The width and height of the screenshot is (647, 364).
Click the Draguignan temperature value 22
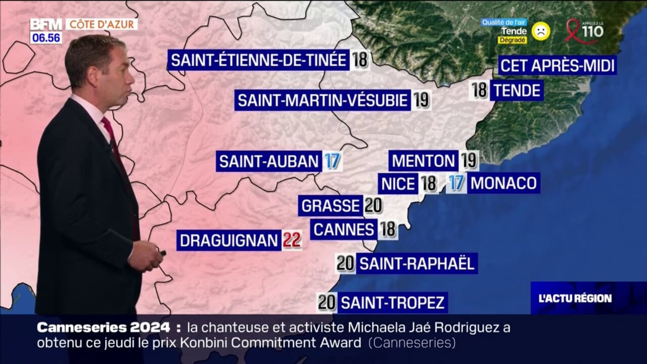pos(291,241)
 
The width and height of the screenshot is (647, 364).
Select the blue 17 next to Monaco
pos(456,183)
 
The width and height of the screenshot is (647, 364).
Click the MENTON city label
pos(424,161)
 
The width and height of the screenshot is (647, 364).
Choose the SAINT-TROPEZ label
pos(393,303)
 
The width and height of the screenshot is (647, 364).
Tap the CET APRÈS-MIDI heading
pos(557,66)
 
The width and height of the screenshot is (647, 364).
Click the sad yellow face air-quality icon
pos(540,31)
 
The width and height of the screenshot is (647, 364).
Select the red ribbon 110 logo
pos(584,31)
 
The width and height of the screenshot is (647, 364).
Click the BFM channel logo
pos(46,24)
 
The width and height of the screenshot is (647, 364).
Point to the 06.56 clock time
pos(46,38)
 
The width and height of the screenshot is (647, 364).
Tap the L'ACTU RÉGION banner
pos(575,298)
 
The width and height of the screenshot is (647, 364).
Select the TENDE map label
pos(517,91)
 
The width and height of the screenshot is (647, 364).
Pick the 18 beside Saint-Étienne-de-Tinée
pos(360,61)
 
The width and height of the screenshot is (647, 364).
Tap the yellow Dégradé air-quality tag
pos(512,40)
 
